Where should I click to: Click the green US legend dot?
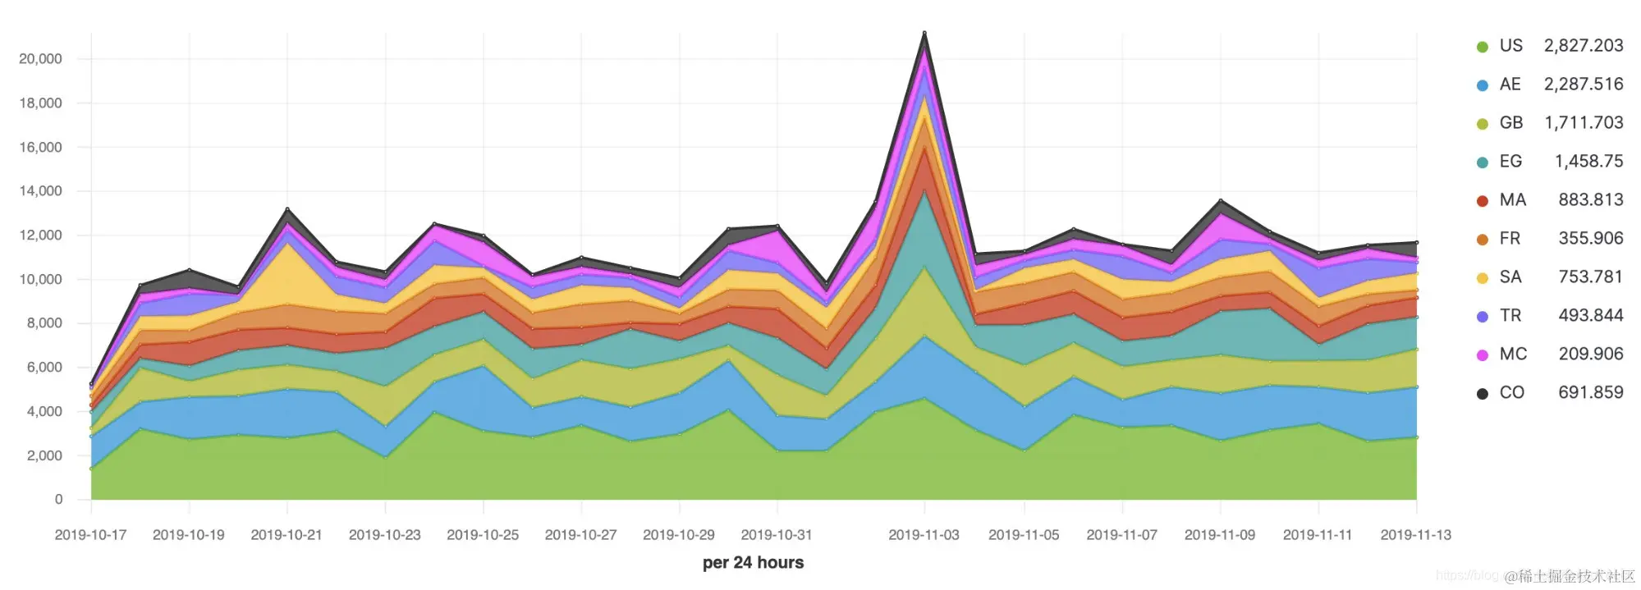click(x=1482, y=47)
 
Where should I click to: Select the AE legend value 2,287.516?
click(x=1583, y=84)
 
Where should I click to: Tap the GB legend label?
click(x=1510, y=122)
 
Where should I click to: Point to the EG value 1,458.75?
click(x=1588, y=161)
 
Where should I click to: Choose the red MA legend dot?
click(x=1482, y=201)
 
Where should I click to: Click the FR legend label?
click(x=1510, y=238)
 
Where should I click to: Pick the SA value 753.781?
click(x=1590, y=277)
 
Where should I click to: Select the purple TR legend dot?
click(x=1482, y=317)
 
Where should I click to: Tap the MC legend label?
click(x=1513, y=354)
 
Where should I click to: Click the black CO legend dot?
click(x=1482, y=394)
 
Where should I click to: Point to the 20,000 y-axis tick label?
click(x=40, y=59)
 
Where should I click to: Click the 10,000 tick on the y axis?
click(x=40, y=279)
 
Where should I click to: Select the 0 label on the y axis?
click(x=58, y=499)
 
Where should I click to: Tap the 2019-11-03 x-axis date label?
click(x=924, y=535)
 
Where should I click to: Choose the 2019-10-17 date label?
click(x=90, y=535)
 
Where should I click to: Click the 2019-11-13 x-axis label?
click(x=1415, y=535)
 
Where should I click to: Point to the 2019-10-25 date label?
click(x=483, y=535)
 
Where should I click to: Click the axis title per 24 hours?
click(x=753, y=563)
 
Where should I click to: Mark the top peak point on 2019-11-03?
click(x=924, y=33)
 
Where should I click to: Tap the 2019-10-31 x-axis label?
click(x=776, y=535)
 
